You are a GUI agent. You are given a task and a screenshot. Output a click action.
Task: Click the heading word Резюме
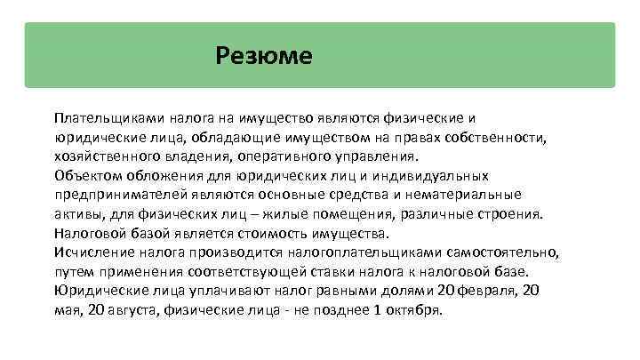[x=264, y=56]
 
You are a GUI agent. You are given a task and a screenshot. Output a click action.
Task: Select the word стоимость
[x=270, y=233]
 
